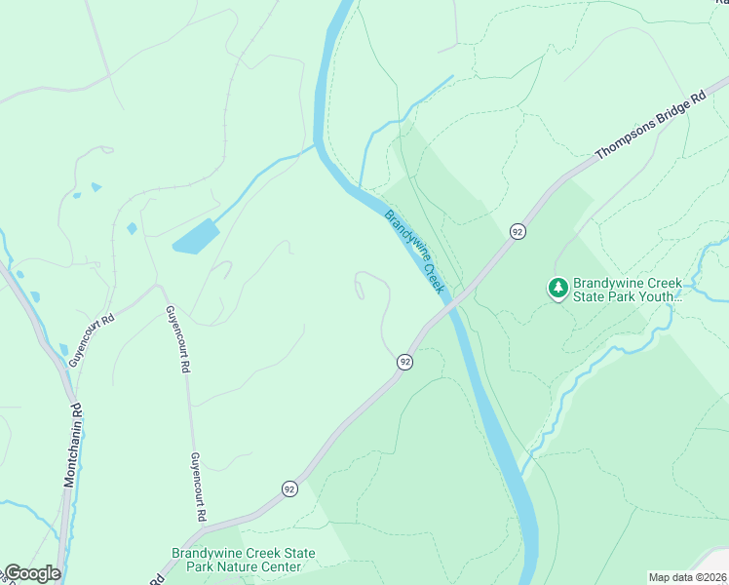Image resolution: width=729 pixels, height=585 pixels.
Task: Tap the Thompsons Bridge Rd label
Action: point(650,126)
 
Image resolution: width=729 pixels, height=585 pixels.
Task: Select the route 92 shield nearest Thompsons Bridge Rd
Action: point(517,231)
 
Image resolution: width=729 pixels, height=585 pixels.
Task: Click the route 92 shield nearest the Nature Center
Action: point(289,488)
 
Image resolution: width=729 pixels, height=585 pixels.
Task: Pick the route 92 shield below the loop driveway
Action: point(404,362)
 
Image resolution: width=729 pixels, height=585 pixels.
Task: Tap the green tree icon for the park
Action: point(558,288)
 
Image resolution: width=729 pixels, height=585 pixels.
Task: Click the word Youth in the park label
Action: point(654,295)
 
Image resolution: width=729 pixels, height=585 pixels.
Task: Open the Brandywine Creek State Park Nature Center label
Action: point(244,560)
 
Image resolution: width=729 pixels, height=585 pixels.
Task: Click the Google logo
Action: point(31,573)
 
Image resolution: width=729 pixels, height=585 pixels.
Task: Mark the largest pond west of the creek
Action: point(196,237)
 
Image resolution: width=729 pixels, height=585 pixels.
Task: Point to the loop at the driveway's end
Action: point(361,285)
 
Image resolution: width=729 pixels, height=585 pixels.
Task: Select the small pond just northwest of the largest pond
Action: point(132,228)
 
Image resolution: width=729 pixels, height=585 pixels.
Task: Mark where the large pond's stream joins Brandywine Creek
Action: point(317,146)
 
